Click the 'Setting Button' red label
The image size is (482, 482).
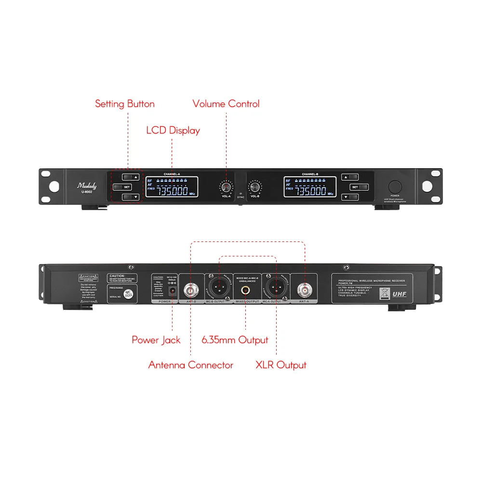pos(124,104)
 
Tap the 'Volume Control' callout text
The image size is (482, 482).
pos(226,104)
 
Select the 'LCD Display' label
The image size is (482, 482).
pos(173,130)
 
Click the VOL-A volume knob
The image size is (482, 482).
pos(226,187)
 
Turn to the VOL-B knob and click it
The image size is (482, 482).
pos(254,187)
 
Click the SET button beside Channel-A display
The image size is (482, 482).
pos(127,187)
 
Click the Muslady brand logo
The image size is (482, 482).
pos(87,185)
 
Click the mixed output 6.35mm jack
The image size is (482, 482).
pos(246,291)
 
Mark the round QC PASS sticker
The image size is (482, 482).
pos(128,294)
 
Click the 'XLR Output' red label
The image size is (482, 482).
pos(281,365)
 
